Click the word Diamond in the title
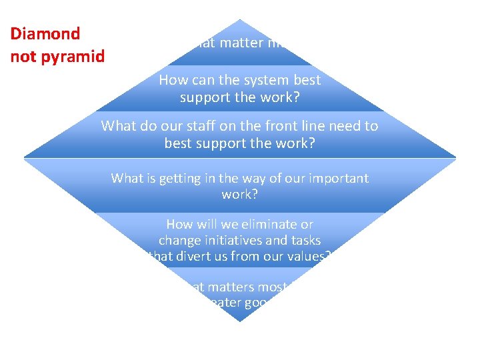click(45, 33)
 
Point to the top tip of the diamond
click(240, 20)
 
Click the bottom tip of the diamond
click(240, 322)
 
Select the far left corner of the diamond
click(24, 158)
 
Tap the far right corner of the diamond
click(456, 158)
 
